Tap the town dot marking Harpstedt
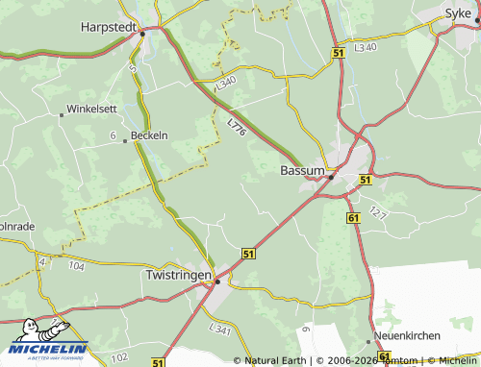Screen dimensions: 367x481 coord(142,34)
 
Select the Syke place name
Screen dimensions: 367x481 coord(457,12)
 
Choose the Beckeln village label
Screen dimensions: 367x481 coord(149,135)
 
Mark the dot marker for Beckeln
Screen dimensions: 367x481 coord(125,141)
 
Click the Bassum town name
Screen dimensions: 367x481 coord(301,170)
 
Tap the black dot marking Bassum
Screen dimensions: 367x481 coord(331,177)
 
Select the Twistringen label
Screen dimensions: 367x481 coord(177,275)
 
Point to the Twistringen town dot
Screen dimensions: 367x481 coord(217,281)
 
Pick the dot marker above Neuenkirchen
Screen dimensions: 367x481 coord(367,340)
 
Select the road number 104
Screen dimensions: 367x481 coord(77,264)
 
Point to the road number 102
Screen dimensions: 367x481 coord(119,357)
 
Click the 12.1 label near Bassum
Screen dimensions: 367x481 coord(377,211)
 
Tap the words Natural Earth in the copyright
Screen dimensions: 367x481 coord(277,360)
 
